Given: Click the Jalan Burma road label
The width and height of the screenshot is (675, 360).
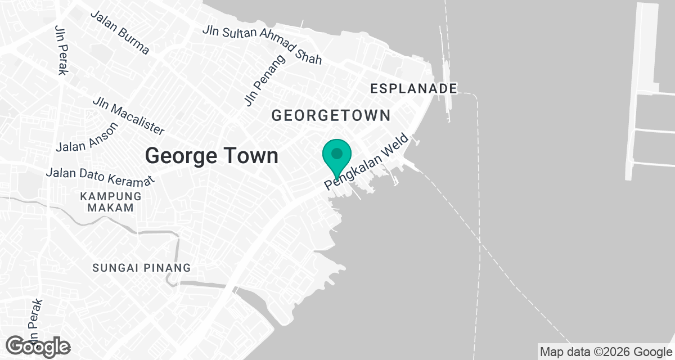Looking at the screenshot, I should [x=120, y=33].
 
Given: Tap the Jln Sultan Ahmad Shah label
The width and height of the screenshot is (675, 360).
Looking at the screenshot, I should [x=262, y=44].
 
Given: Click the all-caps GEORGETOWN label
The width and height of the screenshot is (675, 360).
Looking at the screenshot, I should [x=331, y=115].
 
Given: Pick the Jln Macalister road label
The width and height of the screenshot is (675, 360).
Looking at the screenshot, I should [x=129, y=116].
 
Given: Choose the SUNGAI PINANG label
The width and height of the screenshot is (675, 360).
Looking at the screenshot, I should [x=142, y=268].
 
